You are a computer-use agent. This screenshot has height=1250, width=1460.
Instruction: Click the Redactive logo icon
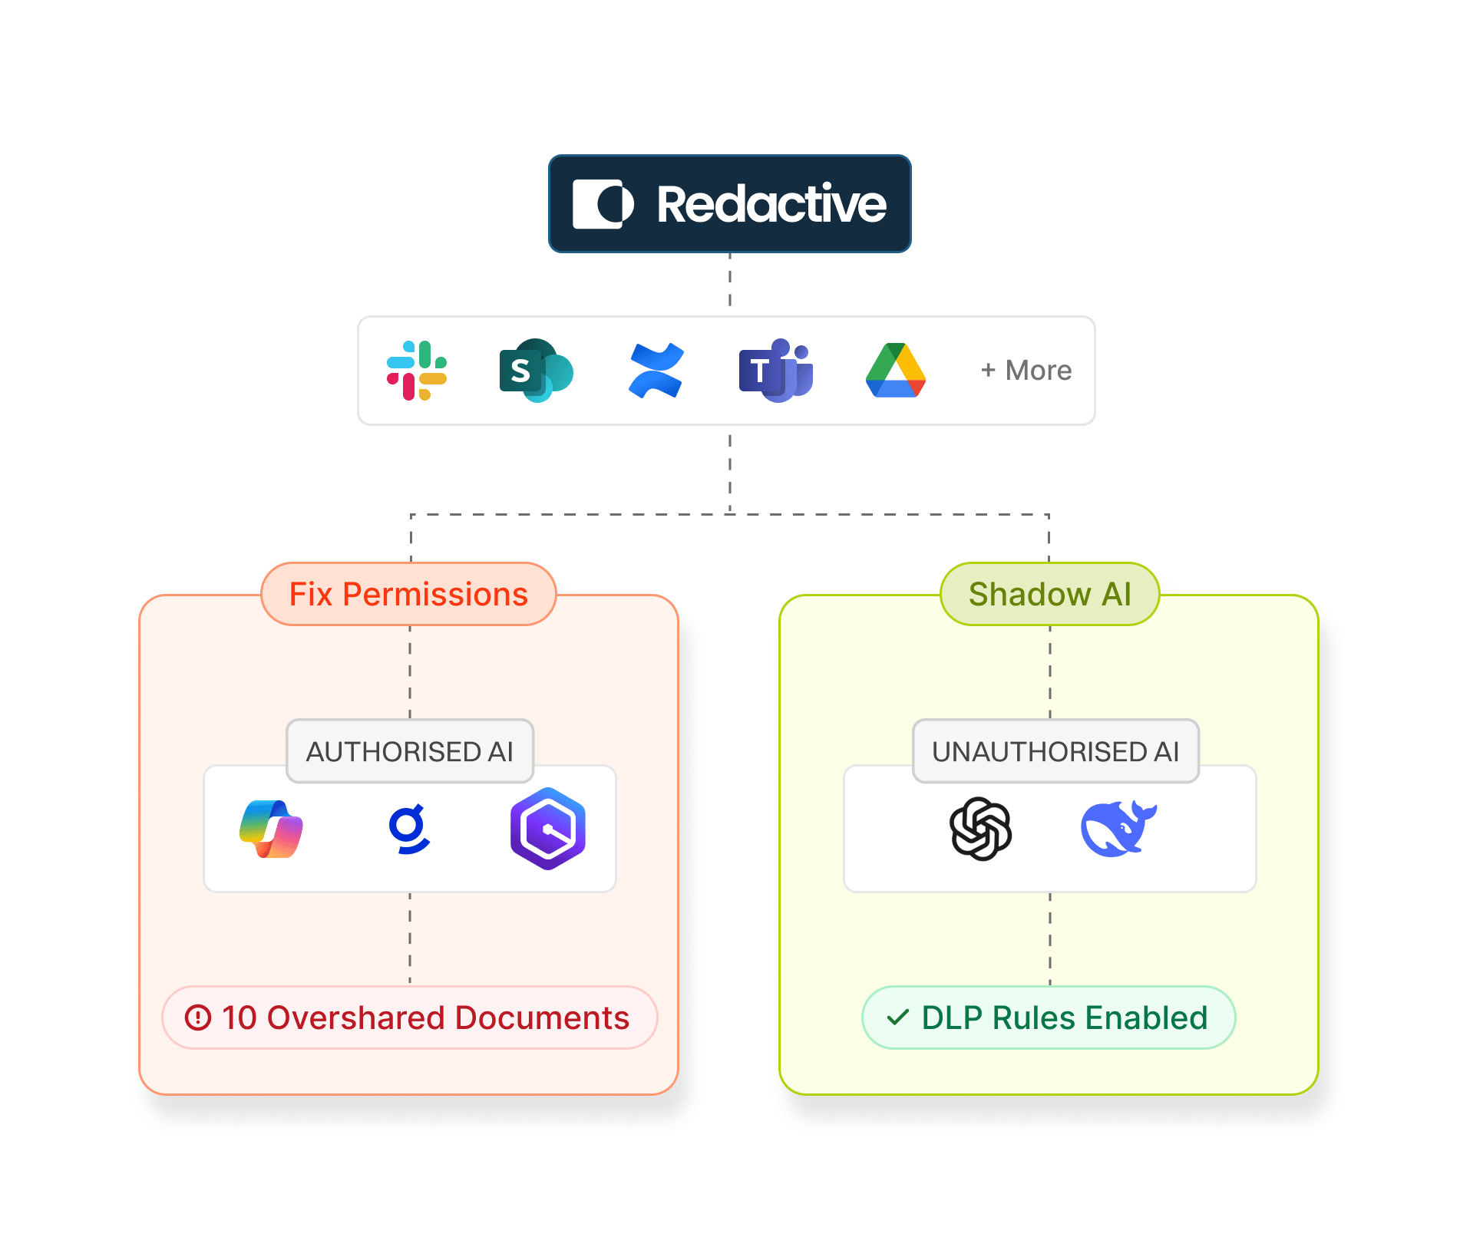pos(603,204)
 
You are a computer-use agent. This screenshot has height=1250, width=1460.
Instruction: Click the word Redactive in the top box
pos(771,204)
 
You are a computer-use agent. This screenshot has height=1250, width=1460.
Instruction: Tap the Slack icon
pos(417,371)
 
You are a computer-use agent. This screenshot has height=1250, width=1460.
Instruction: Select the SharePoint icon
pos(535,371)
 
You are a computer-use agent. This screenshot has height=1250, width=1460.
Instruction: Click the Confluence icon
pos(656,371)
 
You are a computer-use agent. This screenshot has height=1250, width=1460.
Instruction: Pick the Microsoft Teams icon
pos(775,371)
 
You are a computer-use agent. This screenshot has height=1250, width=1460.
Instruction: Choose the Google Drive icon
pos(895,371)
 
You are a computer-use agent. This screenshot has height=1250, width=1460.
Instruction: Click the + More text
pos(1026,371)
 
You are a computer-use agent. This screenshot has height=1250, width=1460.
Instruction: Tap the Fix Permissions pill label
pos(408,595)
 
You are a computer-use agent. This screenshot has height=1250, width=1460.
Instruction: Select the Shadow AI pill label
pos(1049,595)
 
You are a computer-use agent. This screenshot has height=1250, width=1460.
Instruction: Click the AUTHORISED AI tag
pos(409,751)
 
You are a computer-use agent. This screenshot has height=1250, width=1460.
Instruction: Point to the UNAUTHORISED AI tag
pos(1055,751)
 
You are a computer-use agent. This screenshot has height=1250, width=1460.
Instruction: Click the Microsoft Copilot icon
pos(271,829)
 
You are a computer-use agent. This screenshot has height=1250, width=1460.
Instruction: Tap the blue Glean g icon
pos(408,829)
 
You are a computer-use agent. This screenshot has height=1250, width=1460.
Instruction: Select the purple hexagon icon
pos(547,829)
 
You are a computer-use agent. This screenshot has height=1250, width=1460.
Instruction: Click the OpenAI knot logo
pos(980,829)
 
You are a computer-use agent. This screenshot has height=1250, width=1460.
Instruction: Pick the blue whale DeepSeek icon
pos(1118,829)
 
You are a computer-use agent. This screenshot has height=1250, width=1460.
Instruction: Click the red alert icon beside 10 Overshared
pos(198,1017)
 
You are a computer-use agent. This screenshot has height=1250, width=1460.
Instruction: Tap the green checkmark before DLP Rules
pos(897,1017)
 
